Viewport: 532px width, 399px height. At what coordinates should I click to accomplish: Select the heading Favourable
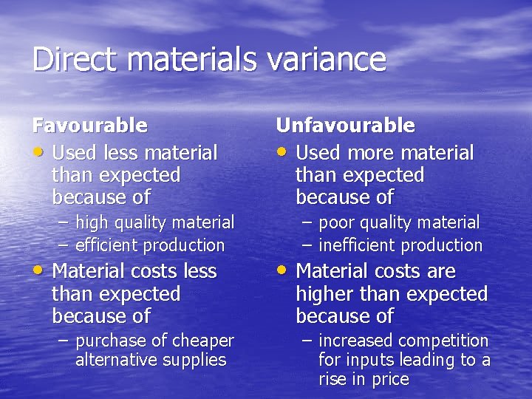pos(89,126)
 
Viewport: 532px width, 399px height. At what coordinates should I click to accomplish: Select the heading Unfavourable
pos(345,126)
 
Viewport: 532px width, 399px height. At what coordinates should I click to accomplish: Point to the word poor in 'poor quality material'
pos(336,222)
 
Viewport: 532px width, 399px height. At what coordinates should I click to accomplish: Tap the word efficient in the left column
pos(108,245)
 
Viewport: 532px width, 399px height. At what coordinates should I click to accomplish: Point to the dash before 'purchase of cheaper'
pos(65,341)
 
